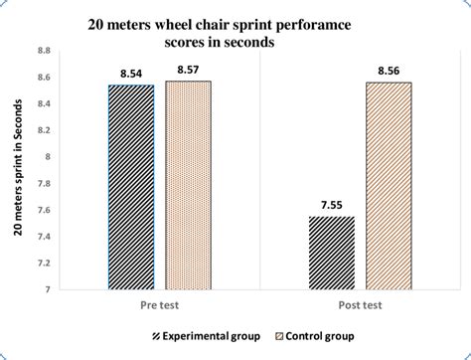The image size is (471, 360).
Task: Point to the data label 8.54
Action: click(131, 75)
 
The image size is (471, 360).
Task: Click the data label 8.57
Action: click(188, 71)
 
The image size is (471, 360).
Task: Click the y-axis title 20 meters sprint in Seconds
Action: click(19, 170)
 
